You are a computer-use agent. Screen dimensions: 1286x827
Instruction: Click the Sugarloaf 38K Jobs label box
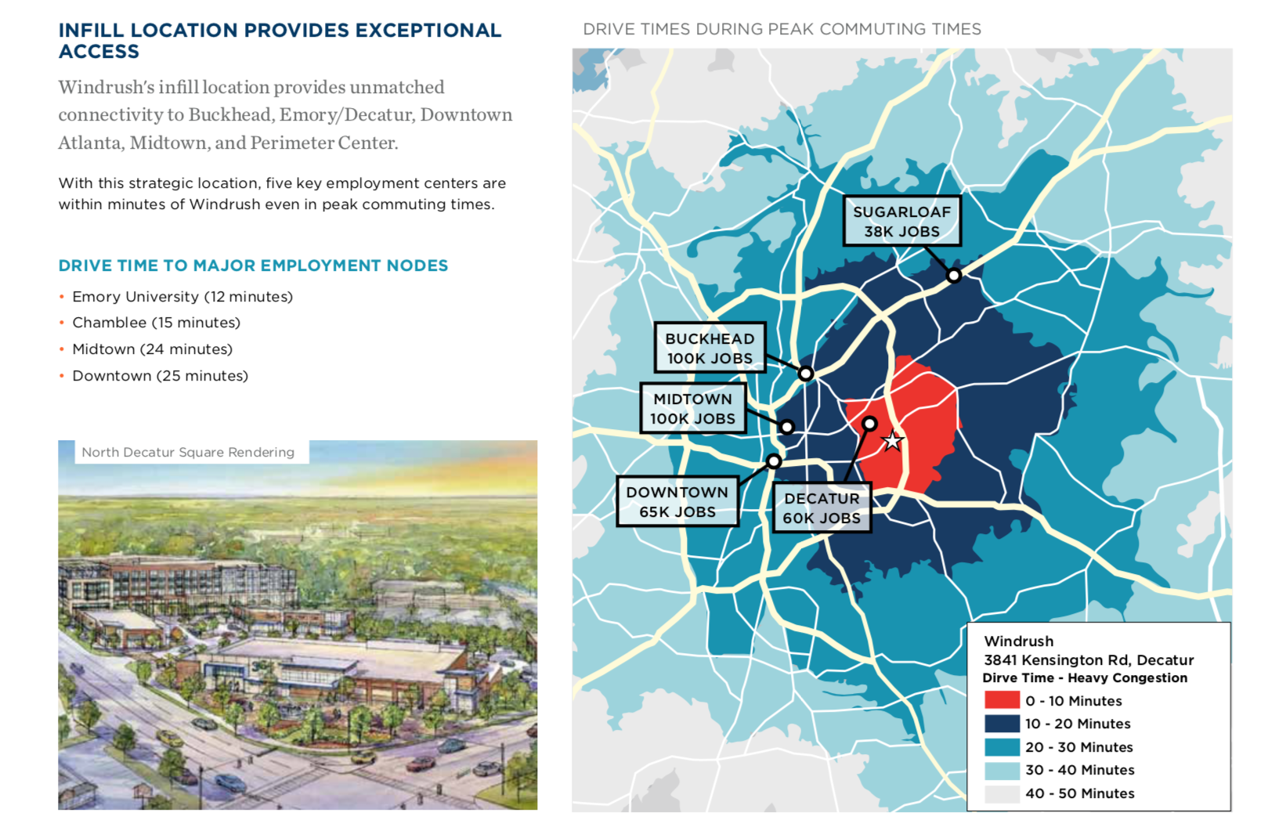(x=902, y=221)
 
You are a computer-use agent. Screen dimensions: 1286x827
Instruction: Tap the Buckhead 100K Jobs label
(x=710, y=348)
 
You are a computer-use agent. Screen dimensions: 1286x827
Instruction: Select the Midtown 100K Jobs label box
(x=693, y=408)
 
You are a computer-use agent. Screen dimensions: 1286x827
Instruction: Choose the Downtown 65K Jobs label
(x=677, y=501)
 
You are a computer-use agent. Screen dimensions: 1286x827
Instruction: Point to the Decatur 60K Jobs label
(x=822, y=508)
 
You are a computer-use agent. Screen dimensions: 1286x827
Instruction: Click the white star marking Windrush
(x=892, y=442)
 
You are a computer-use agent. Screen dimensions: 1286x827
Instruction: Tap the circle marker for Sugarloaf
(x=954, y=276)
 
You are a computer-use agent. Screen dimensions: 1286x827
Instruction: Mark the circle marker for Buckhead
(x=805, y=374)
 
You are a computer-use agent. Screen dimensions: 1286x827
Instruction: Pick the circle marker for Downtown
(x=774, y=460)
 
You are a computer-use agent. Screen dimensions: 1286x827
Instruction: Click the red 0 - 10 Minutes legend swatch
(x=1002, y=700)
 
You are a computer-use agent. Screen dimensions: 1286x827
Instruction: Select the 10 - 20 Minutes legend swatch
(x=1002, y=724)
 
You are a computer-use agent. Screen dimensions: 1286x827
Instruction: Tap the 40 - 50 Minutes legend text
(x=1080, y=793)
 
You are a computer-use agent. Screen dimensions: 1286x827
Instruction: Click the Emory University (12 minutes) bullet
(x=182, y=297)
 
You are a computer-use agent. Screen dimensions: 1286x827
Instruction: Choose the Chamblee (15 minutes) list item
(x=156, y=323)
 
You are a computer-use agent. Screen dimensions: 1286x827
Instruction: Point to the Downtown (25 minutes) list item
(x=161, y=376)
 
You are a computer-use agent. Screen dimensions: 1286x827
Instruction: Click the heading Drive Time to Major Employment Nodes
(x=253, y=265)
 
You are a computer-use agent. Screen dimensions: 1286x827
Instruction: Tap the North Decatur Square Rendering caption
(x=188, y=452)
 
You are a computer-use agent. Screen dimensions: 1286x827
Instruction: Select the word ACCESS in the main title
(x=99, y=52)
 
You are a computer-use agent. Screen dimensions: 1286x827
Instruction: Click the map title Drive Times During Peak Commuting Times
(x=782, y=29)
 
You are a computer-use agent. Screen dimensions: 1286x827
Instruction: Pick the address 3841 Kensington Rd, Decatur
(x=1089, y=660)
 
